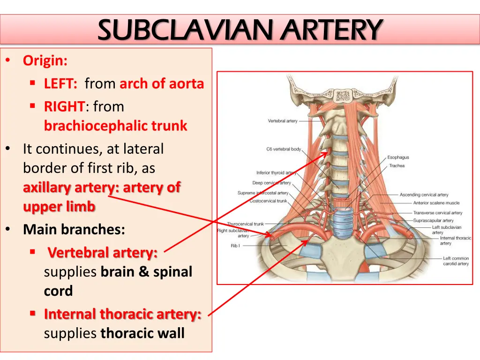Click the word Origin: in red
coord(45,60)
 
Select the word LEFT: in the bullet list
coord(60,83)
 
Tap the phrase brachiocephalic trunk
coord(115,126)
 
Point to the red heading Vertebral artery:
coord(103,253)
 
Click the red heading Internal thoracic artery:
coord(122,314)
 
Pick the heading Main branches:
coord(74,230)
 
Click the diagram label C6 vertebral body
coord(284,149)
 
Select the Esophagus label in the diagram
coord(398,157)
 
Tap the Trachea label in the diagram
coord(397,165)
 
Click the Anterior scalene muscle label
coord(436,202)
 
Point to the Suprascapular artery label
coord(433,220)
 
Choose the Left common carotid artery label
coord(456,261)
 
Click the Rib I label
coord(235,246)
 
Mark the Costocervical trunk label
coord(269,201)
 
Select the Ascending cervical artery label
coord(424,195)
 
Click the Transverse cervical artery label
coord(438,213)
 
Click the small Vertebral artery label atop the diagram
coord(283,121)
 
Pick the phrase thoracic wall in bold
coord(142,333)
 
